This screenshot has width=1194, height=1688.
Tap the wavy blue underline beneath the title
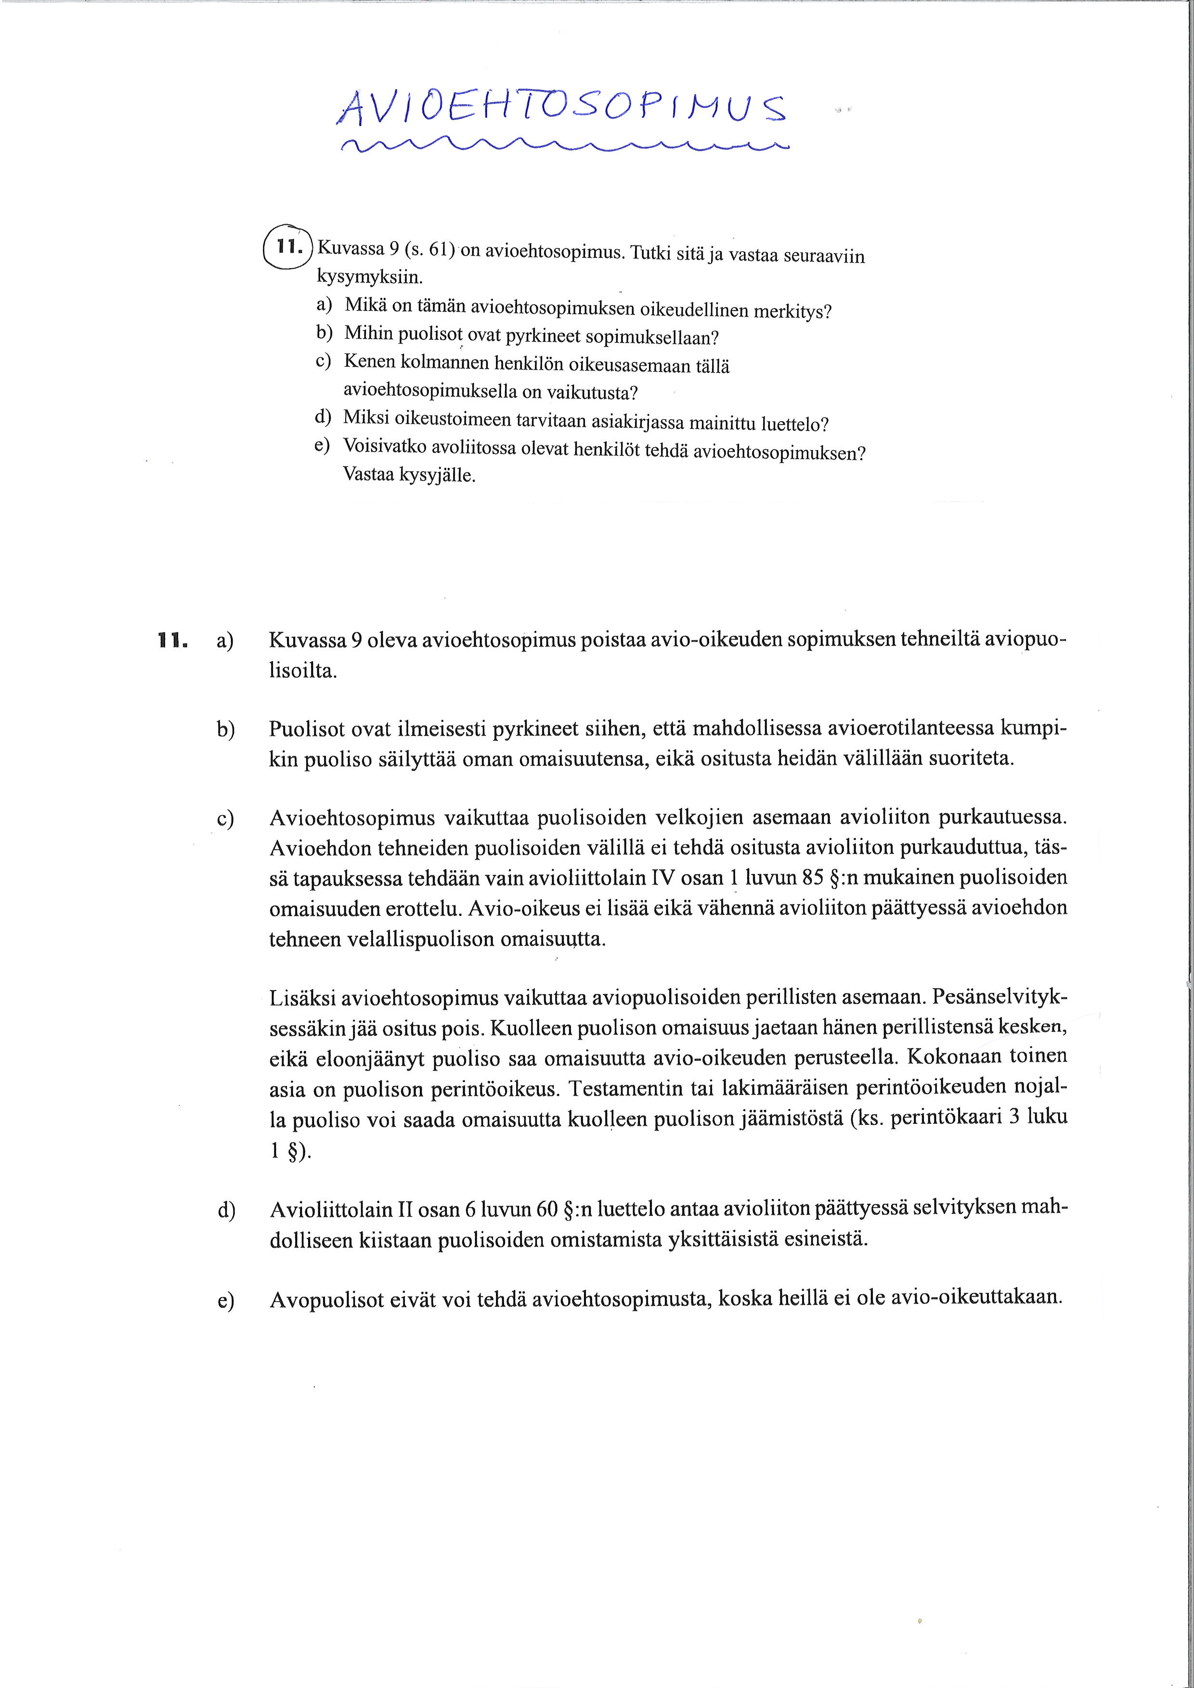(562, 145)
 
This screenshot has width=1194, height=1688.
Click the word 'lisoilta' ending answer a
(302, 671)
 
